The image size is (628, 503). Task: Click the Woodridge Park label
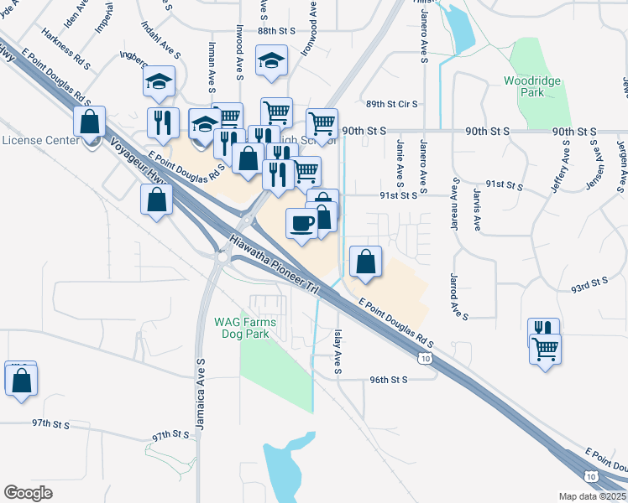[531, 87]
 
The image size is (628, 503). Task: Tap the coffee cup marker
[301, 222]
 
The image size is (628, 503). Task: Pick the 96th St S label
[388, 380]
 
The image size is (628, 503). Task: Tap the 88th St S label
[277, 30]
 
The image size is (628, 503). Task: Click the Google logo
[29, 493]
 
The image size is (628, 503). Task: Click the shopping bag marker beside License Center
[89, 122]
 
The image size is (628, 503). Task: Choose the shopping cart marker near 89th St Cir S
[322, 124]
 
